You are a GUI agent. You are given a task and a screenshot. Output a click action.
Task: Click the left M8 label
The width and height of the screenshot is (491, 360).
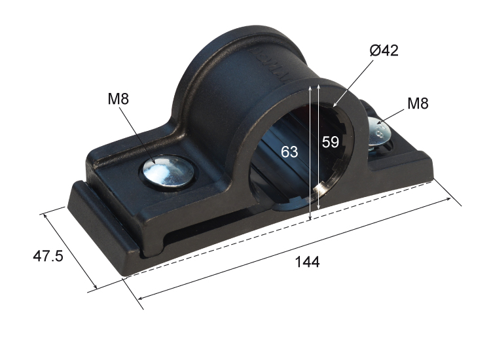(x=118, y=99)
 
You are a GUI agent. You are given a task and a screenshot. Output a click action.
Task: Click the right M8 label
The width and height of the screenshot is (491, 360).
(x=418, y=103)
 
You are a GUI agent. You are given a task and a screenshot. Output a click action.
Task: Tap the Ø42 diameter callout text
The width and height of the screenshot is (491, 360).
(x=384, y=50)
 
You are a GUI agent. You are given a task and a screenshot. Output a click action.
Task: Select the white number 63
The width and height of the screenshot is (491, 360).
(x=289, y=152)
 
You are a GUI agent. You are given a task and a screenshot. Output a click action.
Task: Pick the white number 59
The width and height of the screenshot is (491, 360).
(x=331, y=142)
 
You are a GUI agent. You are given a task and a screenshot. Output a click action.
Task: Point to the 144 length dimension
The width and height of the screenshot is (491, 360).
(x=307, y=262)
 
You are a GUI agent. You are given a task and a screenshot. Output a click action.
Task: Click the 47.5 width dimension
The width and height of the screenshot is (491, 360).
(x=48, y=256)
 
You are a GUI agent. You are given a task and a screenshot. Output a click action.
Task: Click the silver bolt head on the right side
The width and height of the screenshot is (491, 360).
(x=379, y=132)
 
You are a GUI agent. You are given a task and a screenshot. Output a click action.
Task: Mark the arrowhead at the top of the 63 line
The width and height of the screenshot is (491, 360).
(x=310, y=88)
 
